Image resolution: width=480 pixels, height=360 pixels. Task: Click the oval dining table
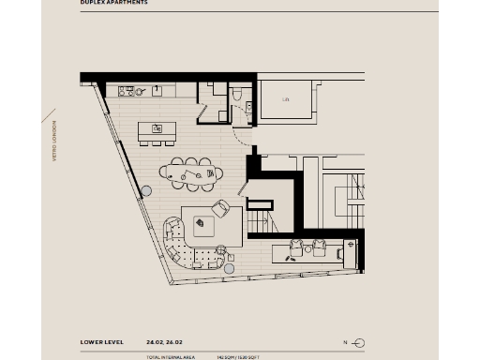[x=192, y=172]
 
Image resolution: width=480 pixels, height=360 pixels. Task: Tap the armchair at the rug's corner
[x=221, y=208]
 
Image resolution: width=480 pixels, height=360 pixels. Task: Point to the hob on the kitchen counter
[x=127, y=91]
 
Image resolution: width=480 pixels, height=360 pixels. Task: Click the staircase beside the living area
[x=259, y=223]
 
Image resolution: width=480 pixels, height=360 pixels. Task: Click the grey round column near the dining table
[x=146, y=191]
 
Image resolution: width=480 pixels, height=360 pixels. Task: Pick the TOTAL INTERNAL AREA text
[x=168, y=357]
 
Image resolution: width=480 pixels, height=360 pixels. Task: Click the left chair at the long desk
[x=297, y=247]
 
